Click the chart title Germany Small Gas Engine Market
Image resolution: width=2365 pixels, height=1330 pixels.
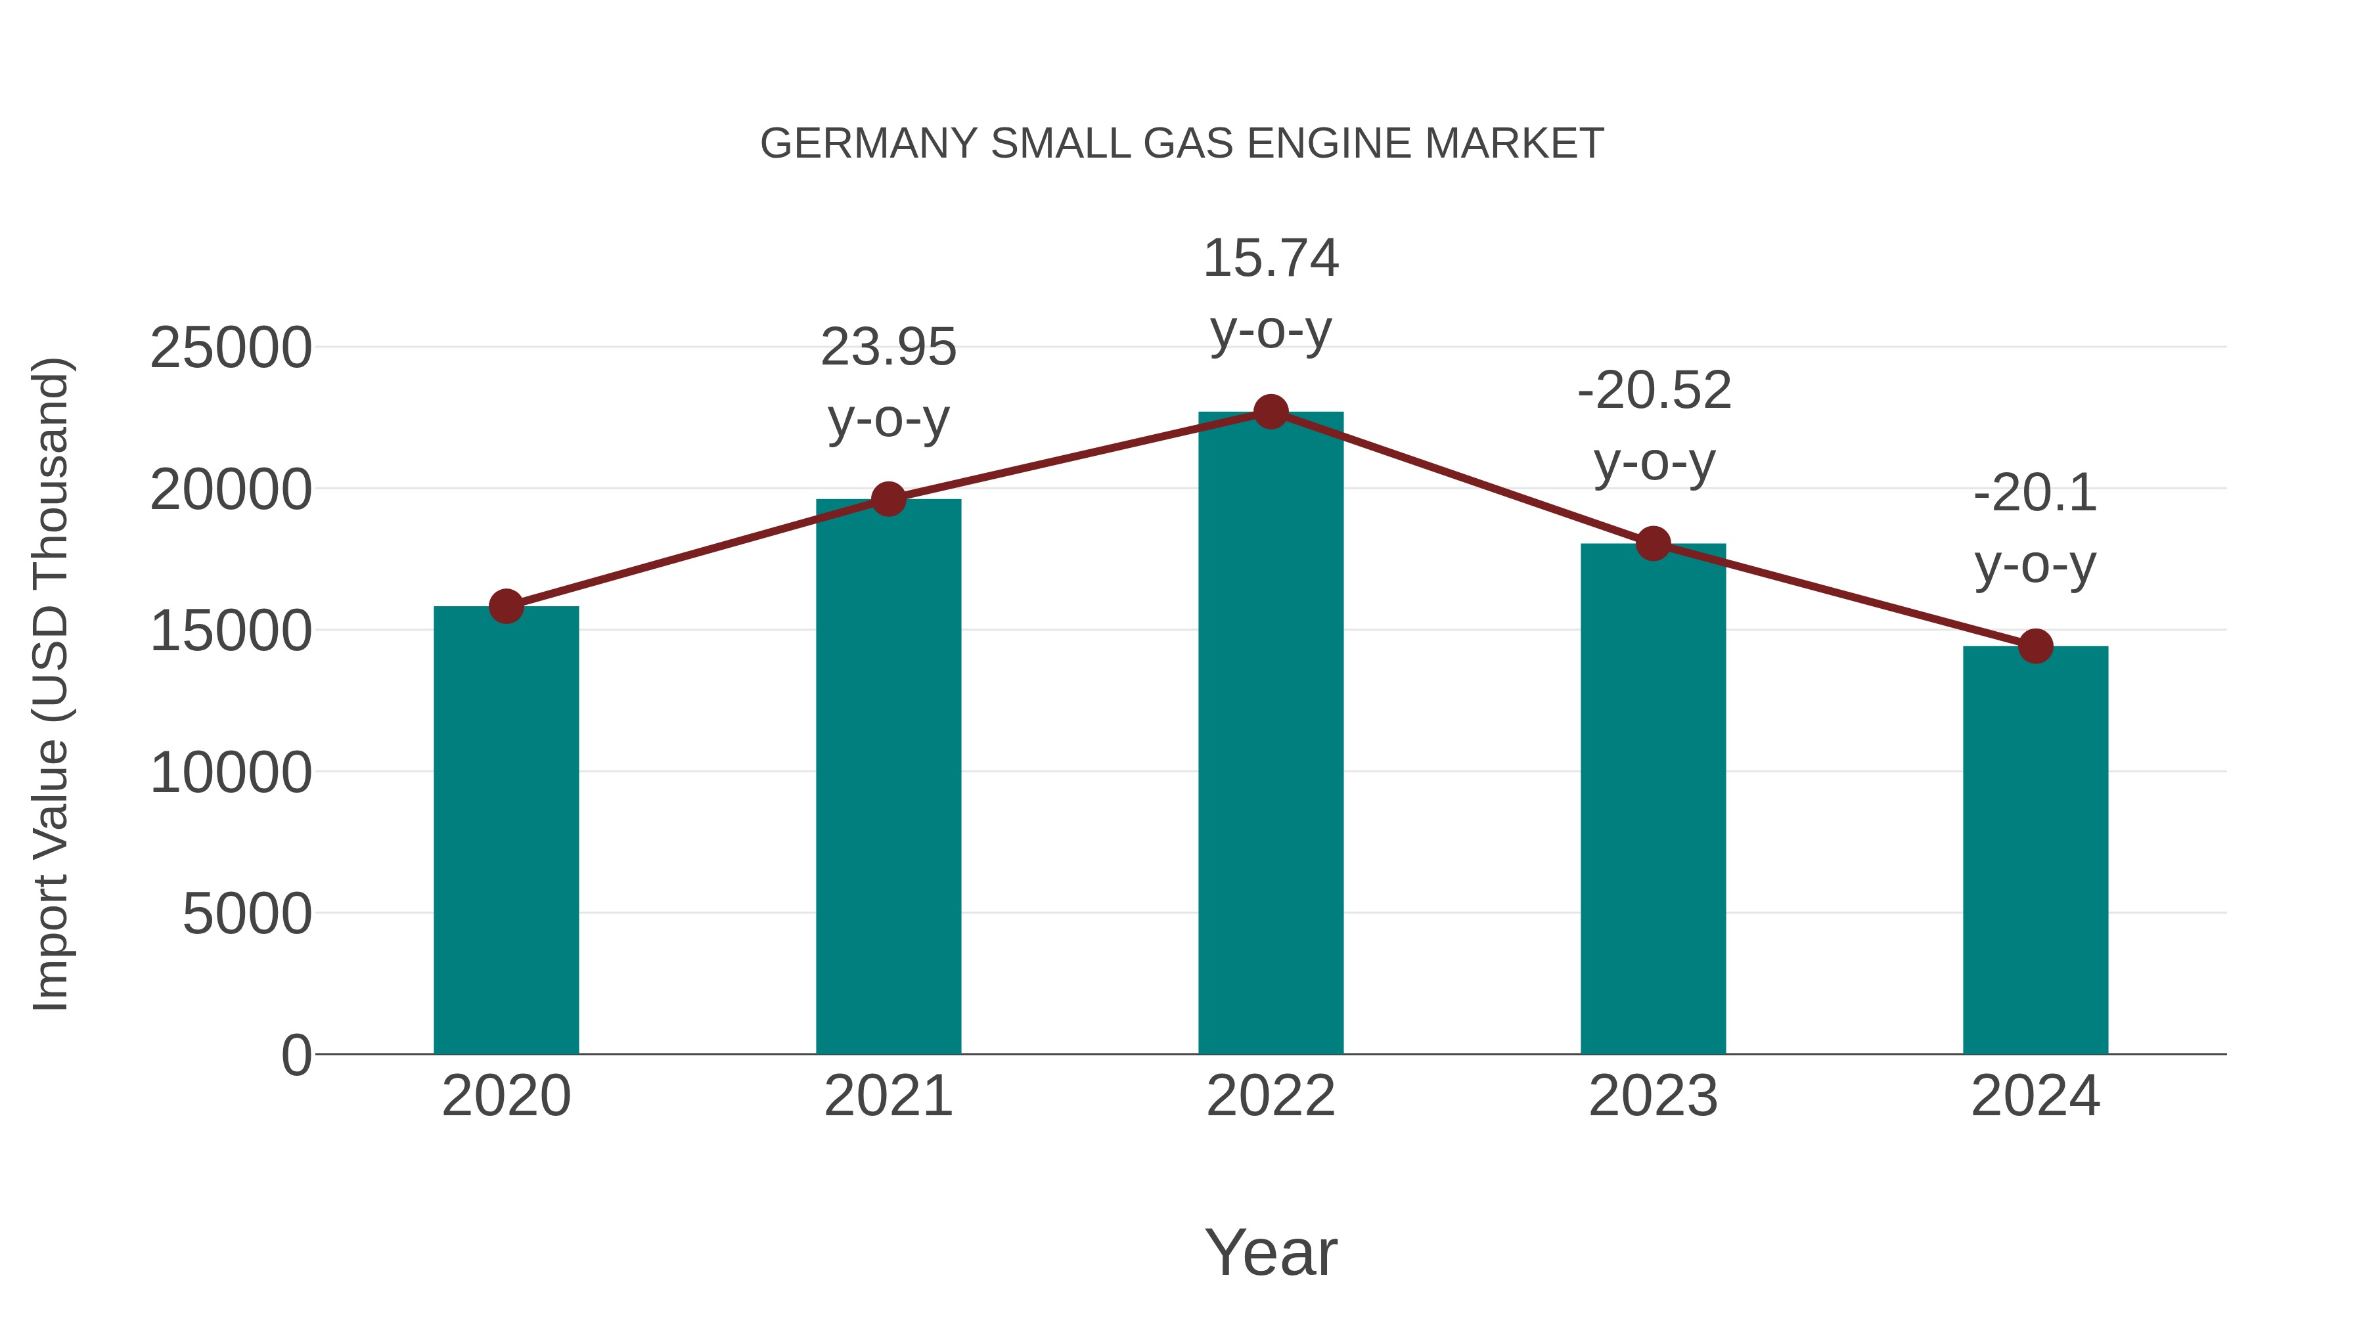point(1182,144)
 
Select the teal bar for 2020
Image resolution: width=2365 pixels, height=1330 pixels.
point(506,831)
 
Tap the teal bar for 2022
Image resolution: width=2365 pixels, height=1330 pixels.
point(1271,734)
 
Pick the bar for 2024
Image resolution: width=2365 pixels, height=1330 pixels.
point(2035,850)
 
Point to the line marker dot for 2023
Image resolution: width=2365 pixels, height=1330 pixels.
point(1653,543)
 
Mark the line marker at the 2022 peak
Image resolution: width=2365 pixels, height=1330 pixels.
point(1271,412)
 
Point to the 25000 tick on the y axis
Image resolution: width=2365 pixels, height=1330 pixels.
point(231,349)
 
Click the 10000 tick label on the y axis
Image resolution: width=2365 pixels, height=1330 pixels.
point(231,773)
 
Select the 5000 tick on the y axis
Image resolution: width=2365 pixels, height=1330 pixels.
point(247,914)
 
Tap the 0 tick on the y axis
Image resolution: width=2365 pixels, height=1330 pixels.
point(296,1055)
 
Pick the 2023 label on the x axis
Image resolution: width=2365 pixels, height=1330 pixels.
point(1653,1096)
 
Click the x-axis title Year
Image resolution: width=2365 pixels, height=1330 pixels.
point(1271,1252)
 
